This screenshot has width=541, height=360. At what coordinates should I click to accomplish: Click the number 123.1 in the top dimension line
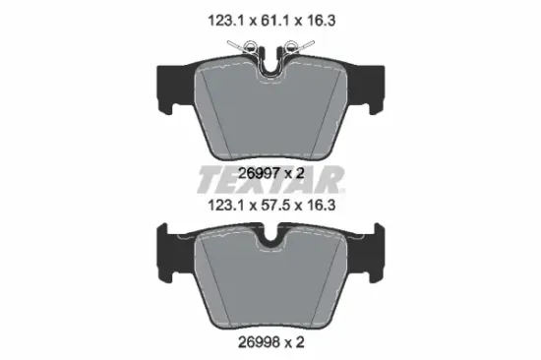coord(226,21)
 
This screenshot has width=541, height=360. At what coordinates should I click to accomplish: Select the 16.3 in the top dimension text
coord(321,21)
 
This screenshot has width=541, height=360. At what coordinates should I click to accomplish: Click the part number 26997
coord(259,174)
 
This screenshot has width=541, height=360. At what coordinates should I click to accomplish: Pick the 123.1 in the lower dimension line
coord(226,206)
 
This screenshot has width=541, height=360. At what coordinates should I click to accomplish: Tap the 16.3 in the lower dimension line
coord(321,206)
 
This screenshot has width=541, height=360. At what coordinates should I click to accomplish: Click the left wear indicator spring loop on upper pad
coord(250,46)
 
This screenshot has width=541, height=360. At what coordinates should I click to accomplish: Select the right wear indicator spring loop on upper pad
coord(291,46)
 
